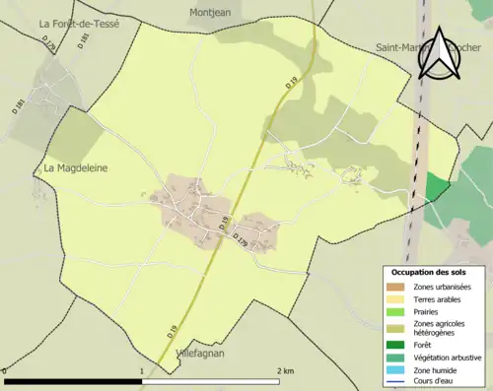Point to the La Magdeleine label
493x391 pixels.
(x=76, y=168)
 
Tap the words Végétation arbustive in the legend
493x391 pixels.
(x=450, y=358)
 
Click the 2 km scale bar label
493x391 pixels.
(x=285, y=370)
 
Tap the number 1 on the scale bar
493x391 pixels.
(x=144, y=370)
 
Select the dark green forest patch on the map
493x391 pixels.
(x=437, y=187)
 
